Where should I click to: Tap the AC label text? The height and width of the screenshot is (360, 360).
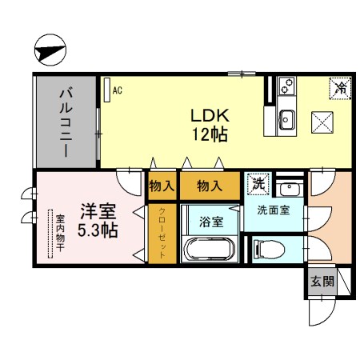117,90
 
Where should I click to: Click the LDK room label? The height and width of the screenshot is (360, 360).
210,114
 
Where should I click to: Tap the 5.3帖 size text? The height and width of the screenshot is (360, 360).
98,231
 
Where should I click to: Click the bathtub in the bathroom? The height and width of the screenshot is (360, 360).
210,249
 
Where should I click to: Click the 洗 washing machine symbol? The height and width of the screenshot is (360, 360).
258,183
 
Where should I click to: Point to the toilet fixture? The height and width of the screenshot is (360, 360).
269,250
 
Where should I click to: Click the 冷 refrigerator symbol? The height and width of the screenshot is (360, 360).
340,86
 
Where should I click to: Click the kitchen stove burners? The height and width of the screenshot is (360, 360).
287,85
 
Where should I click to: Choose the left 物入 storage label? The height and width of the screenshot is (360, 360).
162,186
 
